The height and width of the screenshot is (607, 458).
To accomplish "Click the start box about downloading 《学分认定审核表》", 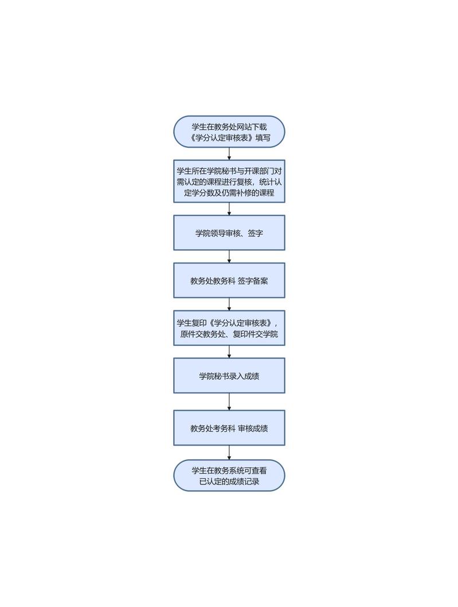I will (229, 132).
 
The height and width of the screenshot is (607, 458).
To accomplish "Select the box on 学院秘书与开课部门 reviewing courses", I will (229, 182).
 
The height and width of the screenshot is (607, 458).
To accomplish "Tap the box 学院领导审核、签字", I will (229, 233).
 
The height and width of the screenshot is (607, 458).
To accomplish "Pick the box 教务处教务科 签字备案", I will (229, 281).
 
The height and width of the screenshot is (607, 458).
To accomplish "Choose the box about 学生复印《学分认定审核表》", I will (229, 328).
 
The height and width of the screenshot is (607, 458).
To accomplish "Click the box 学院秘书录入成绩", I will (229, 376).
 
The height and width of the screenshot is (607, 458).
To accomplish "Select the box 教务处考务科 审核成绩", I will (229, 428).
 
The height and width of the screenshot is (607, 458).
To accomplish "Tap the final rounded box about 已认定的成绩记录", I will (229, 475).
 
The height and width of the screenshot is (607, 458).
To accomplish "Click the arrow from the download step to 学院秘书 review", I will (229, 154).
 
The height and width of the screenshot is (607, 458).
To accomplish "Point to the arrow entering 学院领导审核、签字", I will (229, 209).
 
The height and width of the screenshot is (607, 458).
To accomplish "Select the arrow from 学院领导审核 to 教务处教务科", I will (229, 257).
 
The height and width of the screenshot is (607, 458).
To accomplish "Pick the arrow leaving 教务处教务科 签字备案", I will (229, 304).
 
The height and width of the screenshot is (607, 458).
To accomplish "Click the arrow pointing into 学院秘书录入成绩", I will (229, 352).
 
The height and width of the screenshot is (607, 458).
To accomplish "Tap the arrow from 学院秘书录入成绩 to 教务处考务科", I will (229, 401).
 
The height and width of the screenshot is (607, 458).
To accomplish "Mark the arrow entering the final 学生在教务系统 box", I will (229, 452).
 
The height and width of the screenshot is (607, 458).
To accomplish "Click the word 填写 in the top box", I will (263, 138).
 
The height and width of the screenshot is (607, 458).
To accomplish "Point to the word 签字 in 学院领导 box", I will (256, 233).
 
